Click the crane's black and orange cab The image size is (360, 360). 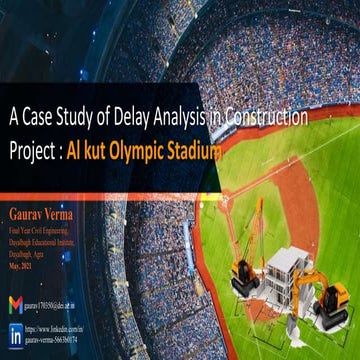pyautogui.click(x=246, y=271)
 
